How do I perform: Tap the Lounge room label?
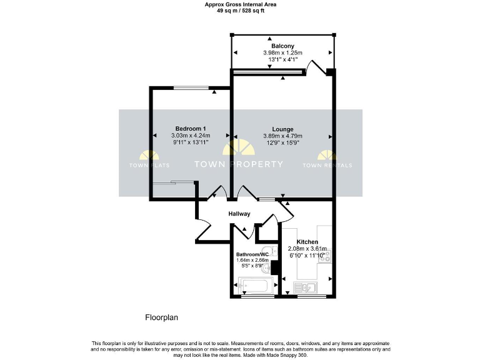tap(282, 129)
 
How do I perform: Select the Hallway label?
tap(239, 214)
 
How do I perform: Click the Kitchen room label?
tap(307, 242)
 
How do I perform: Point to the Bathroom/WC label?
tap(252, 255)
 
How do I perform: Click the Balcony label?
tap(282, 46)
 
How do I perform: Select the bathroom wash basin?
tap(267, 269)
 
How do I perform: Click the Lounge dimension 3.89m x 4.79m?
tap(282, 136)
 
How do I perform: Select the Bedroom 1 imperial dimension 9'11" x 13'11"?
tap(191, 143)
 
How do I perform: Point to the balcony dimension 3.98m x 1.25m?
tap(282, 53)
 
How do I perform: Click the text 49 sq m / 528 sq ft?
tap(241, 10)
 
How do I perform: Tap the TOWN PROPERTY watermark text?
tap(239, 164)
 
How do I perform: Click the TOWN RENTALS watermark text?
tap(327, 166)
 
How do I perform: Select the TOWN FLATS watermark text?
tap(146, 166)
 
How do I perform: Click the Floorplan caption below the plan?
tap(162, 317)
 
